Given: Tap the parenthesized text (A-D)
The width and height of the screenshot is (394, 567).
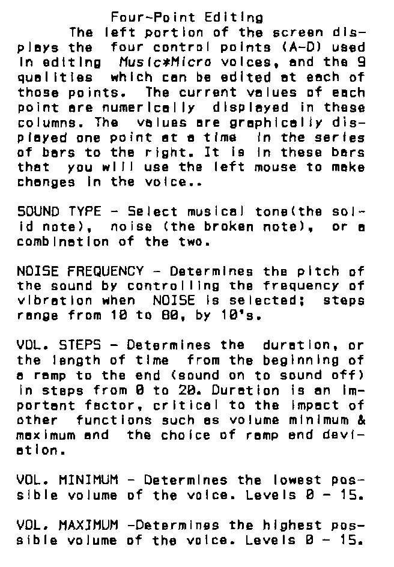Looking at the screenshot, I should (292, 47).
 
